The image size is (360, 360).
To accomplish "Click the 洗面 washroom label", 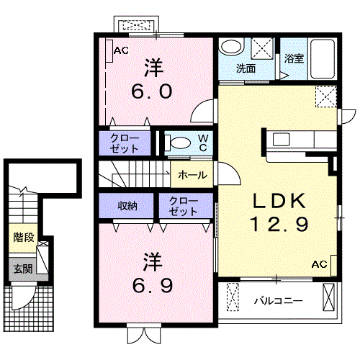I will point(246,69).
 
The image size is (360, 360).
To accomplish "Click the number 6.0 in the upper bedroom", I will point(151,92).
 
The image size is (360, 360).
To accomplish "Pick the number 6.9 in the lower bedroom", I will point(151,285).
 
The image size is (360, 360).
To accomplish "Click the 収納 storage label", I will point(128,206).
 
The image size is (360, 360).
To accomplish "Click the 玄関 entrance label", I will point(22,269).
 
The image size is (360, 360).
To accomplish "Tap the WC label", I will point(203,142).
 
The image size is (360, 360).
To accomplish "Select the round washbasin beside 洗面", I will point(231,48).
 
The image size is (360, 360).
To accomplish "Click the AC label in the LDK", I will point(318,265).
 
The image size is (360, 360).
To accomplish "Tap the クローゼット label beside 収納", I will point(180,206).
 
